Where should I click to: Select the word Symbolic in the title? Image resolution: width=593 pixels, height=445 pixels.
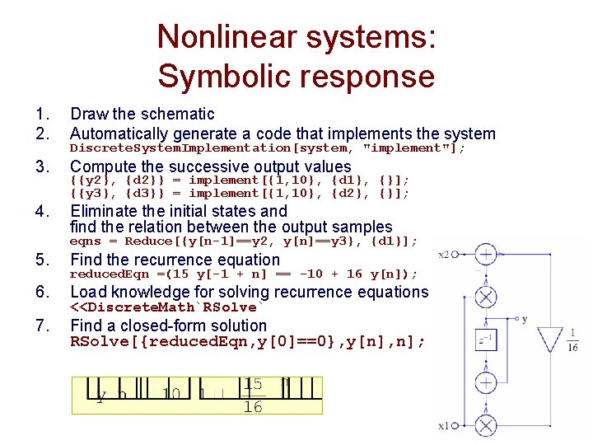point(224,77)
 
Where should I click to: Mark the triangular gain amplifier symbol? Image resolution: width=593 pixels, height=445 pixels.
point(549,339)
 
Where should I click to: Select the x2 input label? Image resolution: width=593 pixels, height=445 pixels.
point(445,255)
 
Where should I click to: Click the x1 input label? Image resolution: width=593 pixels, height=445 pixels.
point(445,426)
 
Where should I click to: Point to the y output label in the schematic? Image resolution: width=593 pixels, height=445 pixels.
point(525,319)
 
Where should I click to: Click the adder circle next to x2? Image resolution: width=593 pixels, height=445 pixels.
point(486,255)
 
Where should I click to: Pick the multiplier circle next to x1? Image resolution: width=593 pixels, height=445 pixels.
point(486,426)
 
